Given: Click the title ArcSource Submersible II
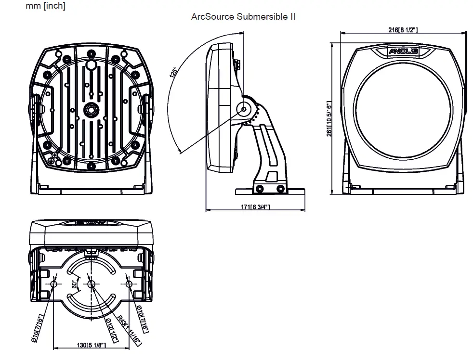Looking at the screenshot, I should point(243,17).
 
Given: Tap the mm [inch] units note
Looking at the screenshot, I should point(46,6).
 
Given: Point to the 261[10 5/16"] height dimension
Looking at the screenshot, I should point(329,118).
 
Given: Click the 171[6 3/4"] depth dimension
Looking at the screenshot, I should point(255,207).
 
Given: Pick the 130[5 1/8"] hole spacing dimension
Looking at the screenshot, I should point(91,345).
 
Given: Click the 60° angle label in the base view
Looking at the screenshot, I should point(74,284).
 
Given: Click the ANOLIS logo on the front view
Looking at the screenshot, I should point(403,51).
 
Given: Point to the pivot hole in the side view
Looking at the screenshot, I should point(243,109).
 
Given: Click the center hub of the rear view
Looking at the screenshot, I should point(90,110).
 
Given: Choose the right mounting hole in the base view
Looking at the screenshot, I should point(129,284).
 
